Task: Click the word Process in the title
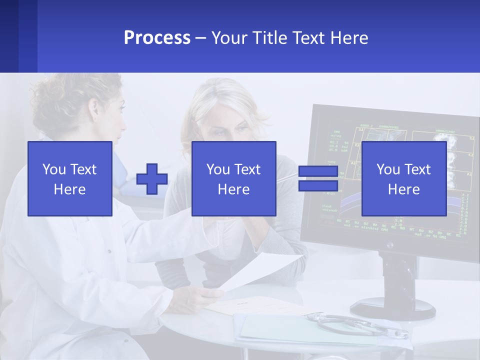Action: click(157, 38)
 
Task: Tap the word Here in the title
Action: click(349, 38)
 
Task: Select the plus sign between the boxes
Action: click(152, 179)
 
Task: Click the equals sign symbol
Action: click(318, 179)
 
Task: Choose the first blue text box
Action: click(70, 178)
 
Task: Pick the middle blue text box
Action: click(234, 178)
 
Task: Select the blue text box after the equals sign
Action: click(404, 178)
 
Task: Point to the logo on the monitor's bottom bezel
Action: click(389, 245)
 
